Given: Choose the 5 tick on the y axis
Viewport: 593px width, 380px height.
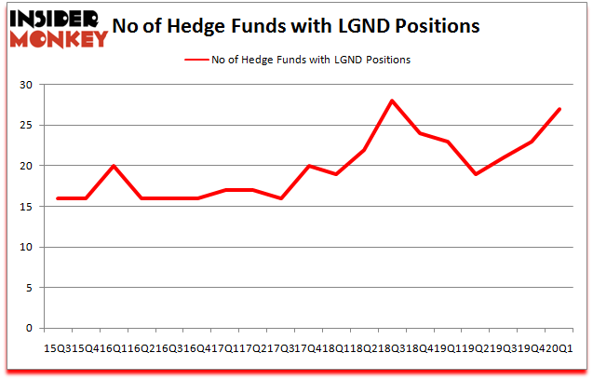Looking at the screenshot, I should point(29,288).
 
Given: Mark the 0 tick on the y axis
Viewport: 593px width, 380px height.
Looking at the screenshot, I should point(29,328).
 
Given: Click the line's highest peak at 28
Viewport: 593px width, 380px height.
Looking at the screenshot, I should point(392,101).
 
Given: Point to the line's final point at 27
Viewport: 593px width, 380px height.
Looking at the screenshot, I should point(559,109).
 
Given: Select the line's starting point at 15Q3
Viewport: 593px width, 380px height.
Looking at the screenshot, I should point(58,198).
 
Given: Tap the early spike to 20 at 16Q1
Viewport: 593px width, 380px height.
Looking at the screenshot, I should point(114,166).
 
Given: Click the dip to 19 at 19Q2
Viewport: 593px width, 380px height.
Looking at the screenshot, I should point(475,174).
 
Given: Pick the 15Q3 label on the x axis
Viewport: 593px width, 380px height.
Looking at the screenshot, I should point(51,348).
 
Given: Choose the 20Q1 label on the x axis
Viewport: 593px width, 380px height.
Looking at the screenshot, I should point(562,348).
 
